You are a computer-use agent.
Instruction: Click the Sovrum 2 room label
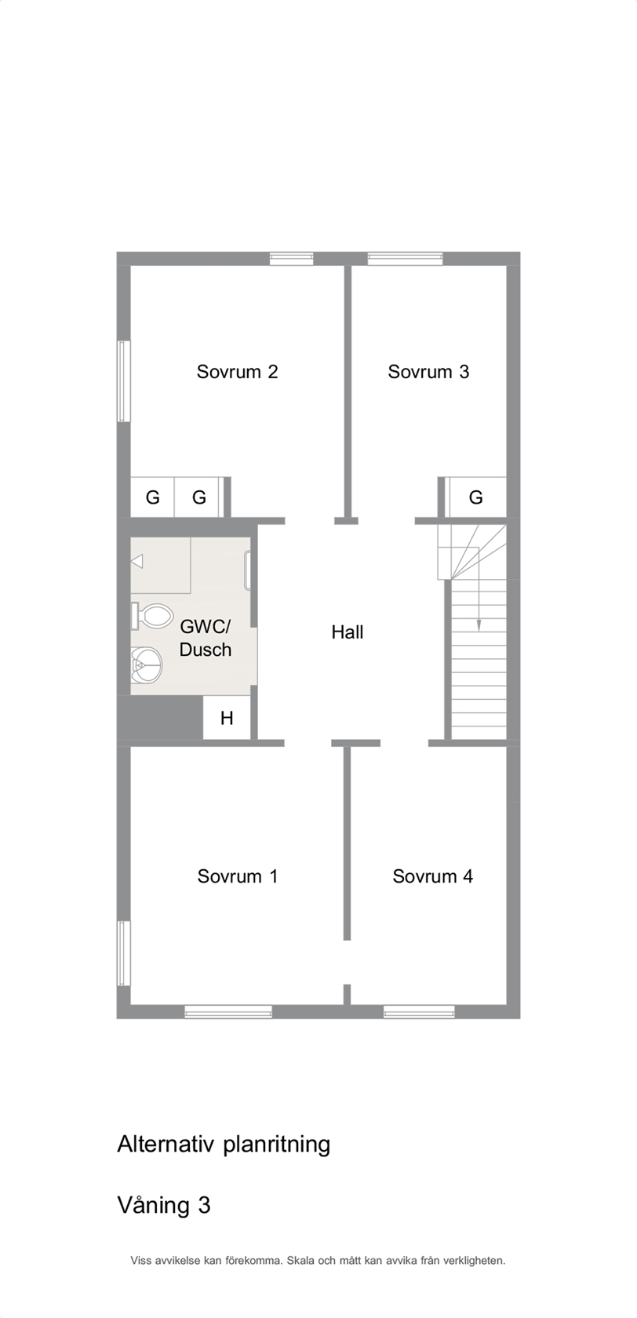click(237, 372)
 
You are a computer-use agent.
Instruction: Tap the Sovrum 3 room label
click(428, 372)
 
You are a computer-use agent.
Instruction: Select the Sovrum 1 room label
click(237, 876)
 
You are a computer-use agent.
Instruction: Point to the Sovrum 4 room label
click(432, 876)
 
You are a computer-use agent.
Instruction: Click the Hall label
click(347, 632)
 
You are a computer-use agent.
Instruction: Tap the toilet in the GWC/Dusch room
click(151, 616)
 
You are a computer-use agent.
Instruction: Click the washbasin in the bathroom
click(146, 665)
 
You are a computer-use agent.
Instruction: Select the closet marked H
click(227, 717)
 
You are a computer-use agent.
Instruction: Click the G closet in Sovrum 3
click(476, 497)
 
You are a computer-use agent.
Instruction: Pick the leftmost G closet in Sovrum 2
click(152, 497)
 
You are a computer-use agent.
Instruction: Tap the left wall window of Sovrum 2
click(123, 381)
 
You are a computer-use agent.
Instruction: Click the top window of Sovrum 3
click(406, 259)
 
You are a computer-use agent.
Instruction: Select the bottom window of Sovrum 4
click(419, 1011)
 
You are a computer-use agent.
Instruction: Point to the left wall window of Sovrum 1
click(123, 952)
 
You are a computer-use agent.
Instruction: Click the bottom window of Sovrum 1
click(228, 1011)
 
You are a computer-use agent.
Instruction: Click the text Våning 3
click(163, 1206)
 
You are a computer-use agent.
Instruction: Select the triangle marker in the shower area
click(137, 562)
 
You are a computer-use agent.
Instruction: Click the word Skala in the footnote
click(299, 1261)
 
